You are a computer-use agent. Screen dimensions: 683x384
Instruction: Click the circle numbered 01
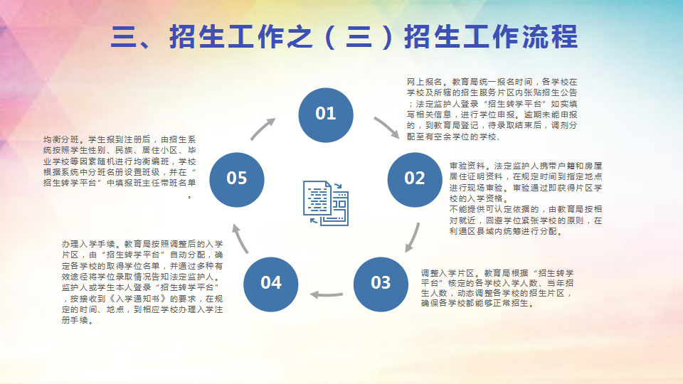326,115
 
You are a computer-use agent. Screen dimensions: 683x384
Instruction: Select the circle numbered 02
415,179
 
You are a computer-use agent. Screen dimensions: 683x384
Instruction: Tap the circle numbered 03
381,284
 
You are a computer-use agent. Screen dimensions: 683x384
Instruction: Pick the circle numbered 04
271,284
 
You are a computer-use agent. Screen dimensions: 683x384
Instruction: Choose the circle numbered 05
237,179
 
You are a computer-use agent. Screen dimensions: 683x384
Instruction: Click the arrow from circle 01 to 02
388,127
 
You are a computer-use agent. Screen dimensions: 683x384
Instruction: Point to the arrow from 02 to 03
413,238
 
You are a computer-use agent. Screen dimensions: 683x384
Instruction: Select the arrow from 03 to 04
327,294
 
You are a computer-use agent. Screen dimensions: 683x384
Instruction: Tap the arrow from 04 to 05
240,239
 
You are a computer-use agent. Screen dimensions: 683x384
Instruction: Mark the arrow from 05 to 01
263,129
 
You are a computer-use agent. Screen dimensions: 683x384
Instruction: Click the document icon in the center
326,203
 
